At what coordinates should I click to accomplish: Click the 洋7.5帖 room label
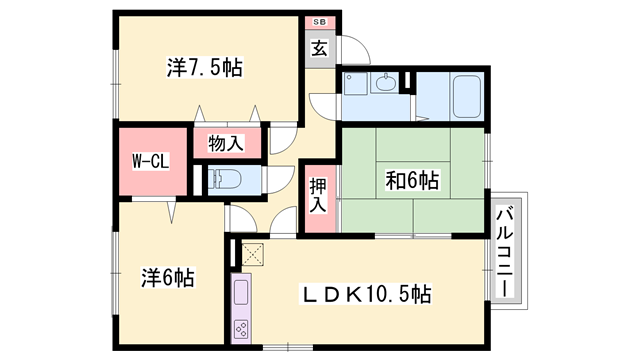pyautogui.click(x=204, y=68)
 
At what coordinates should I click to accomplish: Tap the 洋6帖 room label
pyautogui.click(x=168, y=278)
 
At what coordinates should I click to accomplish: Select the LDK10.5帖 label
pyautogui.click(x=366, y=293)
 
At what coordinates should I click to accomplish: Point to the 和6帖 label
pyautogui.click(x=412, y=180)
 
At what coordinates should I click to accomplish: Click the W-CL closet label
pyautogui.click(x=150, y=162)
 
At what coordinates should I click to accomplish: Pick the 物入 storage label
pyautogui.click(x=226, y=143)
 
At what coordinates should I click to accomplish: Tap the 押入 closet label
pyautogui.click(x=318, y=195)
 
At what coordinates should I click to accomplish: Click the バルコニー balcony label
pyautogui.click(x=505, y=251)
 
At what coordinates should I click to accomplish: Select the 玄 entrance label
pyautogui.click(x=320, y=49)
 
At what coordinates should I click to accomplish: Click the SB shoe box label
pyautogui.click(x=320, y=22)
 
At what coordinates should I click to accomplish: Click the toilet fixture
pyautogui.click(x=224, y=179)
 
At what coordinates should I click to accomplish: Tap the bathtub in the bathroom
pyautogui.click(x=467, y=97)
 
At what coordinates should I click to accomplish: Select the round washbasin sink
pyautogui.click(x=385, y=83)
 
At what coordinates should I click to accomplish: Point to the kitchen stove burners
pyautogui.click(x=241, y=330)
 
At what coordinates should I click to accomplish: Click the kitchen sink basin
pyautogui.click(x=241, y=292)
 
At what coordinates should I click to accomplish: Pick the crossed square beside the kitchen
pyautogui.click(x=253, y=254)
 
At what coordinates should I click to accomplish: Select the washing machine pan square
pyautogui.click(x=355, y=84)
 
